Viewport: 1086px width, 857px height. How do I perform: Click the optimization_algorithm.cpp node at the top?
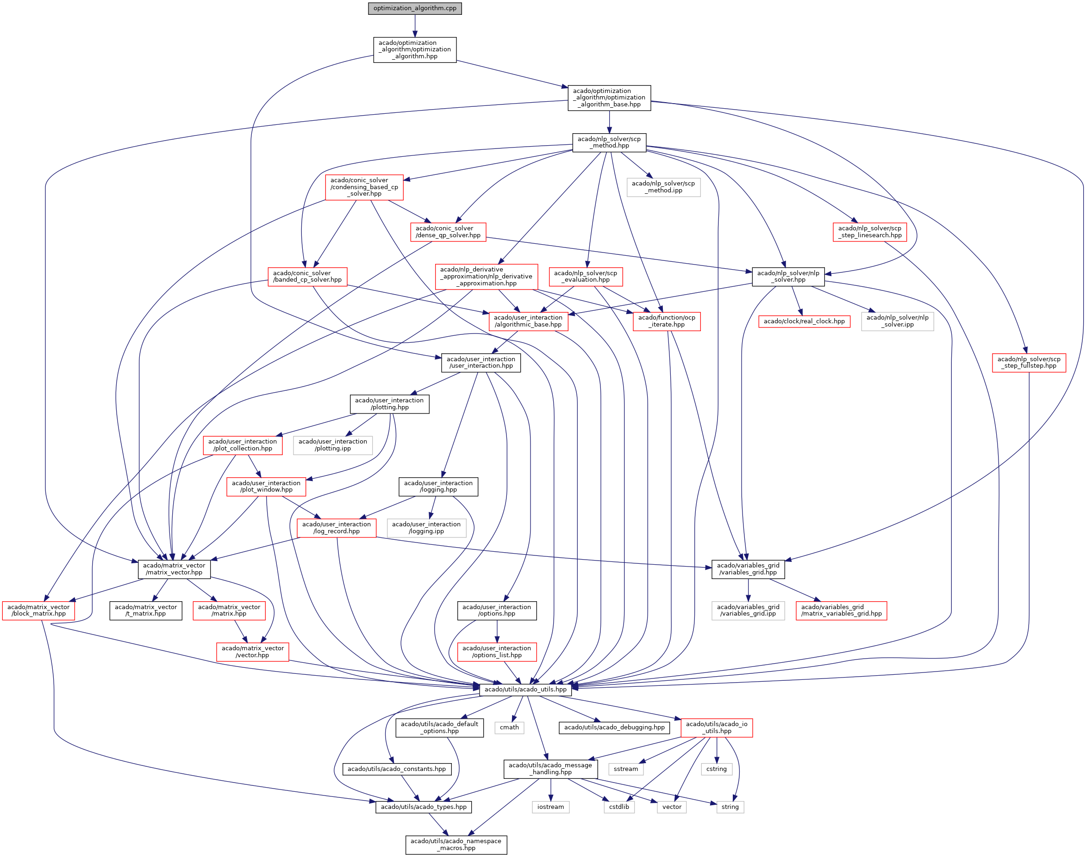(415, 8)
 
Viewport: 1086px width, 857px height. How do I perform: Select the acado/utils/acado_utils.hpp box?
(525, 690)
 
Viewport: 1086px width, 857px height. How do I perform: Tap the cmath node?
(509, 728)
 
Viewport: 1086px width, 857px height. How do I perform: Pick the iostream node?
(550, 807)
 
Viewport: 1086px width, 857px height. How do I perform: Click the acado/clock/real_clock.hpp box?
(804, 321)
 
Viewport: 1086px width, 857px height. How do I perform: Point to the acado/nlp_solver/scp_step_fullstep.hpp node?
(1029, 362)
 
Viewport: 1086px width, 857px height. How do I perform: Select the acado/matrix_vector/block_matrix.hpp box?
(39, 610)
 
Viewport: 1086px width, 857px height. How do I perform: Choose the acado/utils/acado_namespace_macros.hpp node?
(456, 845)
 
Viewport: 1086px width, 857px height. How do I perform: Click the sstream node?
(625, 769)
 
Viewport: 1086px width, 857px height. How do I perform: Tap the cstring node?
(716, 769)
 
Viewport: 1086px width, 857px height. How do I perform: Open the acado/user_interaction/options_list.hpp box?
(497, 652)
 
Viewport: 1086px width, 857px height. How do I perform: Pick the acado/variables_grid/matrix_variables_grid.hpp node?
(841, 610)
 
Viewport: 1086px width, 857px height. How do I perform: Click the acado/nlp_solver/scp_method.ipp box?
(663, 187)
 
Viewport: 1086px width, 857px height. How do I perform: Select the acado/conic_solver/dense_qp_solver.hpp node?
(448, 232)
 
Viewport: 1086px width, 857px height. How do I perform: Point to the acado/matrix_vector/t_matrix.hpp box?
(146, 610)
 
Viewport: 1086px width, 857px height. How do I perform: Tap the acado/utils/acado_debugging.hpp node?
(614, 728)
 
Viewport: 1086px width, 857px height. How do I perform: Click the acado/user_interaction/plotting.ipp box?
(332, 445)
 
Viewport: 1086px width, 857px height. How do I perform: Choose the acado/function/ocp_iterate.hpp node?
(666, 321)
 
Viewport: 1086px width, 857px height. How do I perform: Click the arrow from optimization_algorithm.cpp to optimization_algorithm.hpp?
(415, 25)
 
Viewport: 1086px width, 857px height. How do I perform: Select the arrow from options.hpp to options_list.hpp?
(497, 631)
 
